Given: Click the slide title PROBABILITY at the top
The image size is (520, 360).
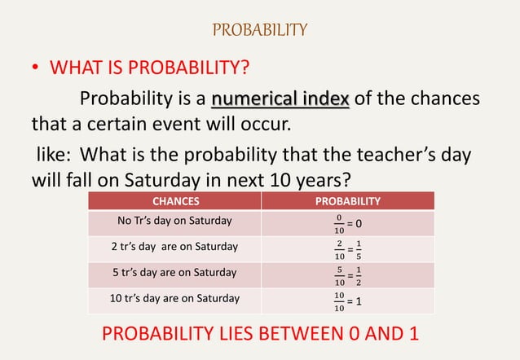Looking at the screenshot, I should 259,30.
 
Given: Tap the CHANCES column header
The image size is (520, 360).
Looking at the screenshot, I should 175,200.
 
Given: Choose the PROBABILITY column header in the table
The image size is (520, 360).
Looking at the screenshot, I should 347,200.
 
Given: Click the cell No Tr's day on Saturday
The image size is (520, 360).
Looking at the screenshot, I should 174,221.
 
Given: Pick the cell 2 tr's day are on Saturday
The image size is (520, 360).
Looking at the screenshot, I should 174,246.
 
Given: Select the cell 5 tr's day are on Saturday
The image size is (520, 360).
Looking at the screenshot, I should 174,272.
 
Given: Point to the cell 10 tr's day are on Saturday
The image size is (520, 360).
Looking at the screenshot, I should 174,298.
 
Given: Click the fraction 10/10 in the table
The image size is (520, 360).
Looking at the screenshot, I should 339,301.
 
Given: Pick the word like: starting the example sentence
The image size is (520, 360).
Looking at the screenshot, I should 55,154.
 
